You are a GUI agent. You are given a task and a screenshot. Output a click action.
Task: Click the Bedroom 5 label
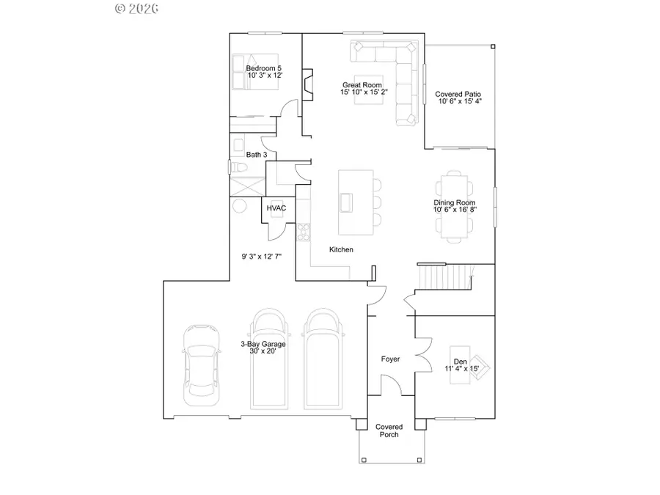pyautogui.click(x=264, y=68)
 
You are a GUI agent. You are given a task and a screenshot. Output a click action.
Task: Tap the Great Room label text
pyautogui.click(x=362, y=85)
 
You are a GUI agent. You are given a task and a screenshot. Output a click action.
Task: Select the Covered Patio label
pyautogui.click(x=458, y=95)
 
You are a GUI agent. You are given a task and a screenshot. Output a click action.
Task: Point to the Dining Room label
pyautogui.click(x=455, y=203)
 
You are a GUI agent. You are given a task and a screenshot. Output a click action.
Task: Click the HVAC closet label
pyautogui.click(x=276, y=209)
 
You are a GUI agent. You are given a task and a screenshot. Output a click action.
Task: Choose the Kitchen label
pyautogui.click(x=341, y=250)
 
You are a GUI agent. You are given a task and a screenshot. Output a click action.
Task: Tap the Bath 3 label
pyautogui.click(x=257, y=155)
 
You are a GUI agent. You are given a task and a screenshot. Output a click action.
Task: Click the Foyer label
pyautogui.click(x=389, y=359)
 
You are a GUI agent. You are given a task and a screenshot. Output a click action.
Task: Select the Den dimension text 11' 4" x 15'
pyautogui.click(x=461, y=369)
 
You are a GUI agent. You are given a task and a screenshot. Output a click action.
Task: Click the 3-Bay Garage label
pyautogui.click(x=263, y=344)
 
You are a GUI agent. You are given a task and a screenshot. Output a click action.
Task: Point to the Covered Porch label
pyautogui.click(x=389, y=430)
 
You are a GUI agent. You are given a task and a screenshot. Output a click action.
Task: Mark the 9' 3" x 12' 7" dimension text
pyautogui.click(x=262, y=257)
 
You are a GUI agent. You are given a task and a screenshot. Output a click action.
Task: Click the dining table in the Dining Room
pyautogui.click(x=454, y=205)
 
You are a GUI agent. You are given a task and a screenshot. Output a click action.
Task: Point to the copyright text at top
pyautogui.click(x=137, y=9)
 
